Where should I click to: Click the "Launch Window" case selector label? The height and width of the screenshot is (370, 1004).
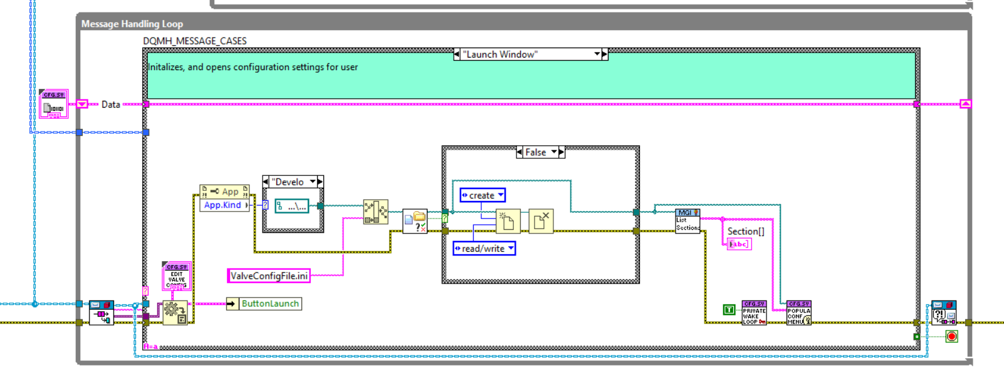pyautogui.click(x=499, y=54)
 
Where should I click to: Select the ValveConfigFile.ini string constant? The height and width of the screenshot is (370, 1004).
pyautogui.click(x=269, y=275)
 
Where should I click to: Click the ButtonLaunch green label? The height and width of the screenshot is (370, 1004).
pyautogui.click(x=269, y=304)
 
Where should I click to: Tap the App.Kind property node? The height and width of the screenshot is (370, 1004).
pyautogui.click(x=222, y=205)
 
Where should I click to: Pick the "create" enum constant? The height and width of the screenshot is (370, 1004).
pyautogui.click(x=482, y=195)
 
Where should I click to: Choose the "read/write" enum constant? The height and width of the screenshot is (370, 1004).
pyautogui.click(x=483, y=249)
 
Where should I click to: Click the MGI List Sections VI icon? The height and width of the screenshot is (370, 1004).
pyautogui.click(x=688, y=221)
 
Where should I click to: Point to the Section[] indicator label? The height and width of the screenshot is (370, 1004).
pyautogui.click(x=745, y=231)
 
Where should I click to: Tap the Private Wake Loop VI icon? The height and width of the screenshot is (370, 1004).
pyautogui.click(x=754, y=312)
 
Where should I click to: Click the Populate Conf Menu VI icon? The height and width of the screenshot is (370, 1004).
pyautogui.click(x=798, y=312)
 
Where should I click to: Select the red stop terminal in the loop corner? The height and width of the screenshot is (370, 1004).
pyautogui.click(x=951, y=337)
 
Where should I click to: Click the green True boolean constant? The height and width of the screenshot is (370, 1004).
pyautogui.click(x=729, y=309)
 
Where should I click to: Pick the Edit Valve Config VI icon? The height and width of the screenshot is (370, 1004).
pyautogui.click(x=176, y=276)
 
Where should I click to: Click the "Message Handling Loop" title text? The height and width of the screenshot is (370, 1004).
pyautogui.click(x=132, y=24)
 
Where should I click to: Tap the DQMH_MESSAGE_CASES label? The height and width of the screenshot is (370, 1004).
pyautogui.click(x=195, y=41)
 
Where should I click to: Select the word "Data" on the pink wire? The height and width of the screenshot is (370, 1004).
pyautogui.click(x=110, y=105)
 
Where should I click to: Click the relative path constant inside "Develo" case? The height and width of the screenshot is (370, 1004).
pyautogui.click(x=292, y=206)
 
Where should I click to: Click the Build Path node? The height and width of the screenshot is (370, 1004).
pyautogui.click(x=375, y=212)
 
